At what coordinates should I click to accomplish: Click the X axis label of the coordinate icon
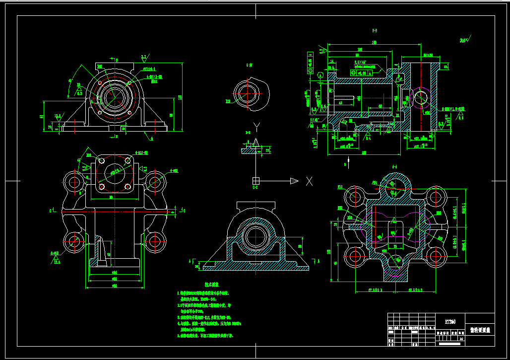pyautogui.click(x=310, y=181)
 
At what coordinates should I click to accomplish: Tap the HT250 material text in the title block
pyautogui.click(x=450, y=321)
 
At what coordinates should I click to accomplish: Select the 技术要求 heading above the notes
pyautogui.click(x=212, y=285)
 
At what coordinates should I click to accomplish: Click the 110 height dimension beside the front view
pyautogui.click(x=180, y=96)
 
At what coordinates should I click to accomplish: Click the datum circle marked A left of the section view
pyautogui.click(x=320, y=75)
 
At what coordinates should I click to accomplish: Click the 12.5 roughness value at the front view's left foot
pyautogui.click(x=58, y=116)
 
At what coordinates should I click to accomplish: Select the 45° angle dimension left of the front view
pyautogui.click(x=71, y=80)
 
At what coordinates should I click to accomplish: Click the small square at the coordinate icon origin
pyautogui.click(x=256, y=180)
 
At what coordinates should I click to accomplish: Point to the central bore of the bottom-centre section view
pyautogui.click(x=255, y=235)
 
